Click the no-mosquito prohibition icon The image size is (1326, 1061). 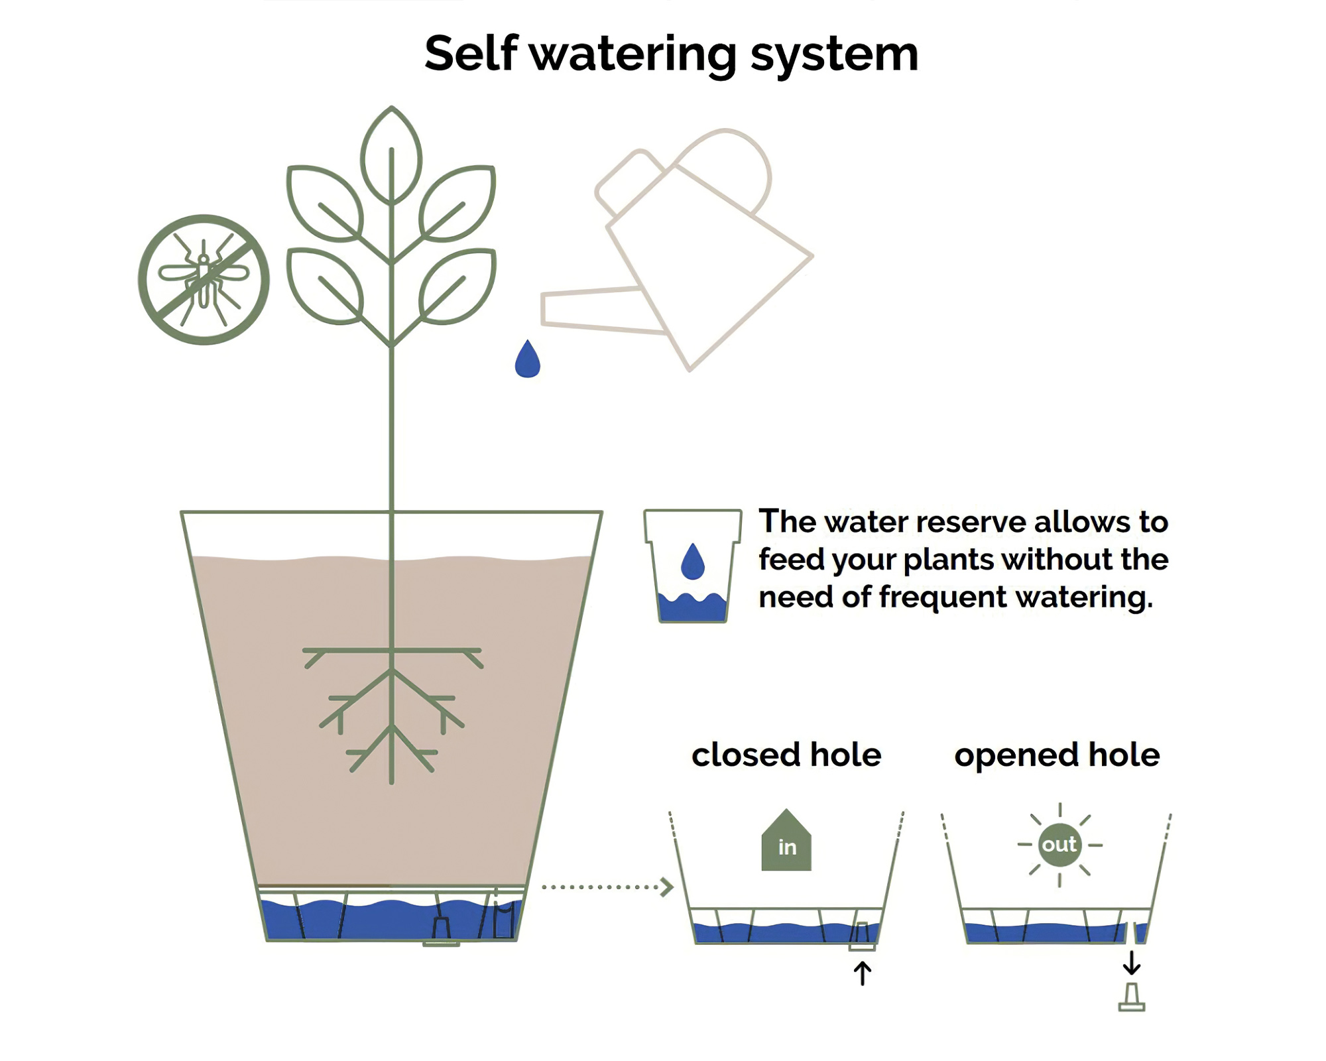(x=204, y=279)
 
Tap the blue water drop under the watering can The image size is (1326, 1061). (x=527, y=361)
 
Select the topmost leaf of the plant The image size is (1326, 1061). (x=391, y=156)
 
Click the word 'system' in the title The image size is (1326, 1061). (x=834, y=54)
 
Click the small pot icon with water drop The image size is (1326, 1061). (x=692, y=566)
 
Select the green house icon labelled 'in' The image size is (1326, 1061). (x=786, y=841)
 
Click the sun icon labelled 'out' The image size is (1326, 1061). (x=1059, y=845)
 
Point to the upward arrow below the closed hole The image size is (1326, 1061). (x=862, y=973)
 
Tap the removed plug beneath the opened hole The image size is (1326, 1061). (x=1132, y=997)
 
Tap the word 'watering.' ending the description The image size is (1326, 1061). (x=1084, y=597)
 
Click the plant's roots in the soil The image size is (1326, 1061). (x=392, y=710)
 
